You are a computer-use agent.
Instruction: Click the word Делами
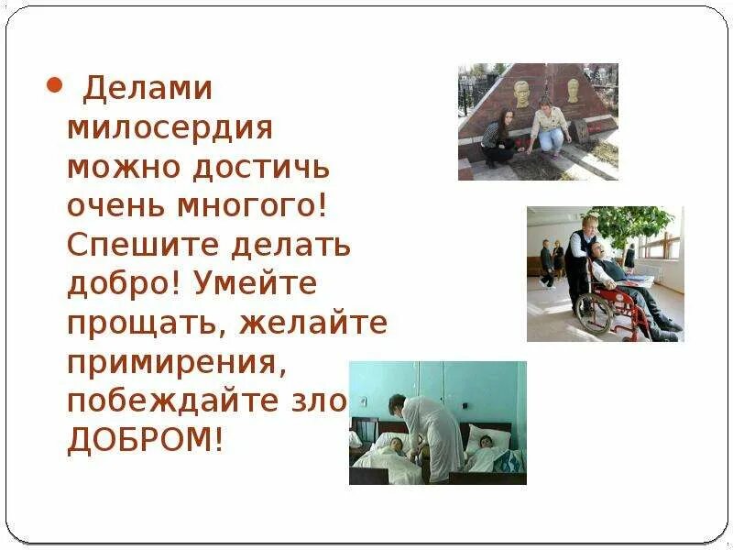[x=148, y=89]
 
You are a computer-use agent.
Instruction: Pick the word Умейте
[x=256, y=284]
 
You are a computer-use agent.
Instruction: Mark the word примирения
[x=173, y=362]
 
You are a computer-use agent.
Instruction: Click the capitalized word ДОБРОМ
[x=145, y=440]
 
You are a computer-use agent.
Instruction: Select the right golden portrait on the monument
[x=573, y=90]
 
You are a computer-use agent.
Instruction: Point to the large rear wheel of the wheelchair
[x=595, y=312]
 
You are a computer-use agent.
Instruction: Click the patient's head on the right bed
[x=484, y=441]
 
